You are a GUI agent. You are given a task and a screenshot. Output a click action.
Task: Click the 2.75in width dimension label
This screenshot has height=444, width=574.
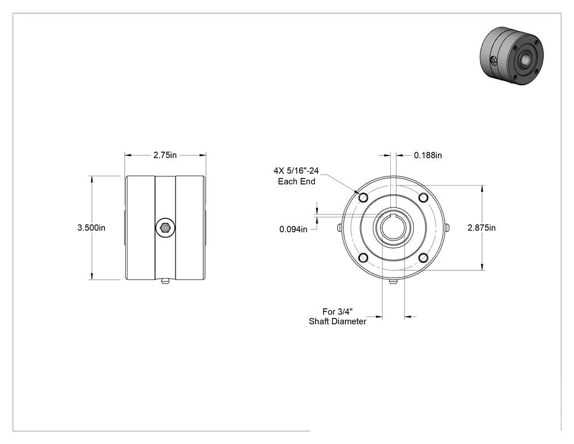pyautogui.click(x=165, y=155)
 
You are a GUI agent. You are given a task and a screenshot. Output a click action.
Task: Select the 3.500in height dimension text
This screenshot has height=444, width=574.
pyautogui.click(x=91, y=228)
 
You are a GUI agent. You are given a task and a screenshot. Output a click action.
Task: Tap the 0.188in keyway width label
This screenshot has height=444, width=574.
pyautogui.click(x=427, y=155)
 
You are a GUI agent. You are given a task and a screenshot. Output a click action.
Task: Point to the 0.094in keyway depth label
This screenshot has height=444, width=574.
pyautogui.click(x=293, y=229)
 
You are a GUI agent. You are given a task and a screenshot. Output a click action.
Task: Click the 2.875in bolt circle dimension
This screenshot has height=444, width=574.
pyautogui.click(x=482, y=228)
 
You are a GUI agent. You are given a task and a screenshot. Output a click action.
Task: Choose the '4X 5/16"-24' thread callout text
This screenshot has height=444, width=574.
pyautogui.click(x=296, y=171)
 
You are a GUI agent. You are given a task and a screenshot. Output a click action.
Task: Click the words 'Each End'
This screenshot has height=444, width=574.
pyautogui.click(x=296, y=181)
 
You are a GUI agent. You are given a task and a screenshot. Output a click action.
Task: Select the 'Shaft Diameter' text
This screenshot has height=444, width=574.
pyautogui.click(x=337, y=321)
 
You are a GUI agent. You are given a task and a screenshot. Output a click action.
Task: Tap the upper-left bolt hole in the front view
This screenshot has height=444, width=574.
pyautogui.click(x=364, y=198)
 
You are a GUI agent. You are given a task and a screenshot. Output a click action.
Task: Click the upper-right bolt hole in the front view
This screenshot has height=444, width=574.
pyautogui.click(x=423, y=198)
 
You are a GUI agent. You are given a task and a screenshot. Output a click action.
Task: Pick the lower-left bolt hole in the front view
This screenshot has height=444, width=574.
pyautogui.click(x=364, y=258)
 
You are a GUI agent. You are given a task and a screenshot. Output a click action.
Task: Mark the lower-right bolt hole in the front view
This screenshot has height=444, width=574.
pyautogui.click(x=423, y=258)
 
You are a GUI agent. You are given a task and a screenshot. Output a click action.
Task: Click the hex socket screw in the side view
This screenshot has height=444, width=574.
pyautogui.click(x=165, y=228)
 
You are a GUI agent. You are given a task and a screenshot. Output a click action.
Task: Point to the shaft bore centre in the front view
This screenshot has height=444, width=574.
pyautogui.click(x=393, y=228)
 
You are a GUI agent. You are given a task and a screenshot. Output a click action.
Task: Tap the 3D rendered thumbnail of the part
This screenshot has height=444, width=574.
pyautogui.click(x=512, y=56)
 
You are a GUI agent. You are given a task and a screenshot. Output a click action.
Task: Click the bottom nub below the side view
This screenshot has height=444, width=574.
pyautogui.click(x=165, y=282)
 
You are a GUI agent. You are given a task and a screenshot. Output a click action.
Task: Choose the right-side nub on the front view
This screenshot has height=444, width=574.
pyautogui.click(x=447, y=228)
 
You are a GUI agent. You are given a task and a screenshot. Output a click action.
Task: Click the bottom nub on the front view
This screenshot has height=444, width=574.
pyautogui.click(x=393, y=281)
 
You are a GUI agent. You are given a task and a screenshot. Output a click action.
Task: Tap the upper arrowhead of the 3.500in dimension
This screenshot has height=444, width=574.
pyautogui.click(x=91, y=179)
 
